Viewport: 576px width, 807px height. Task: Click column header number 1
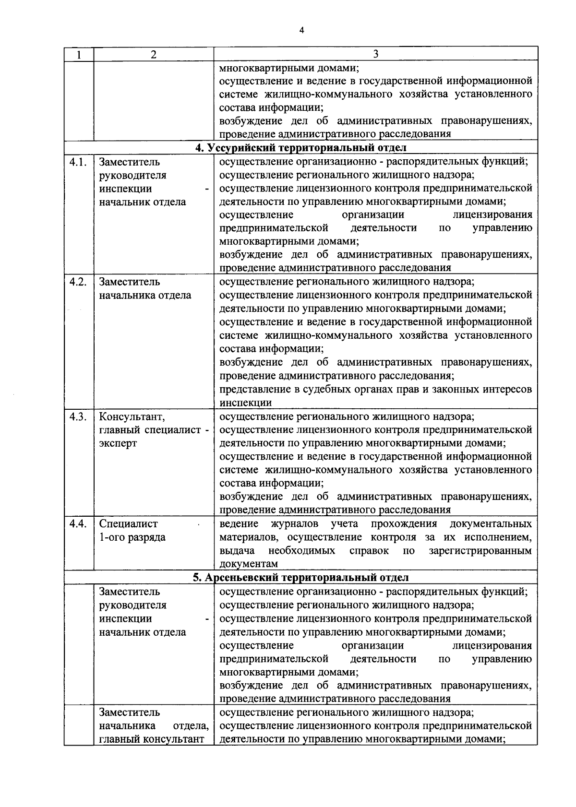(78, 55)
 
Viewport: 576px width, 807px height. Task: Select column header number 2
(153, 55)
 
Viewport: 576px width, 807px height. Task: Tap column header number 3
(375, 54)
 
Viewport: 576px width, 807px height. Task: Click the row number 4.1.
(78, 162)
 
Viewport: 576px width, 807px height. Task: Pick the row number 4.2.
(78, 282)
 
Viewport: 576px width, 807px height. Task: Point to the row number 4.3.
(78, 416)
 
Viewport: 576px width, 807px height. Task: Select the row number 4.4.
(78, 523)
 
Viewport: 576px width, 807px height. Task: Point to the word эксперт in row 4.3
(118, 443)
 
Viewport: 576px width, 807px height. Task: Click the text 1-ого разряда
(132, 537)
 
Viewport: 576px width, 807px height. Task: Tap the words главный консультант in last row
(152, 739)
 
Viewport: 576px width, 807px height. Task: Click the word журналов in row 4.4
(294, 523)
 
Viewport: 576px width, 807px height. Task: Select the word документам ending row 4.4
(249, 564)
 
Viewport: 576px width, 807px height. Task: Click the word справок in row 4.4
(369, 550)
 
